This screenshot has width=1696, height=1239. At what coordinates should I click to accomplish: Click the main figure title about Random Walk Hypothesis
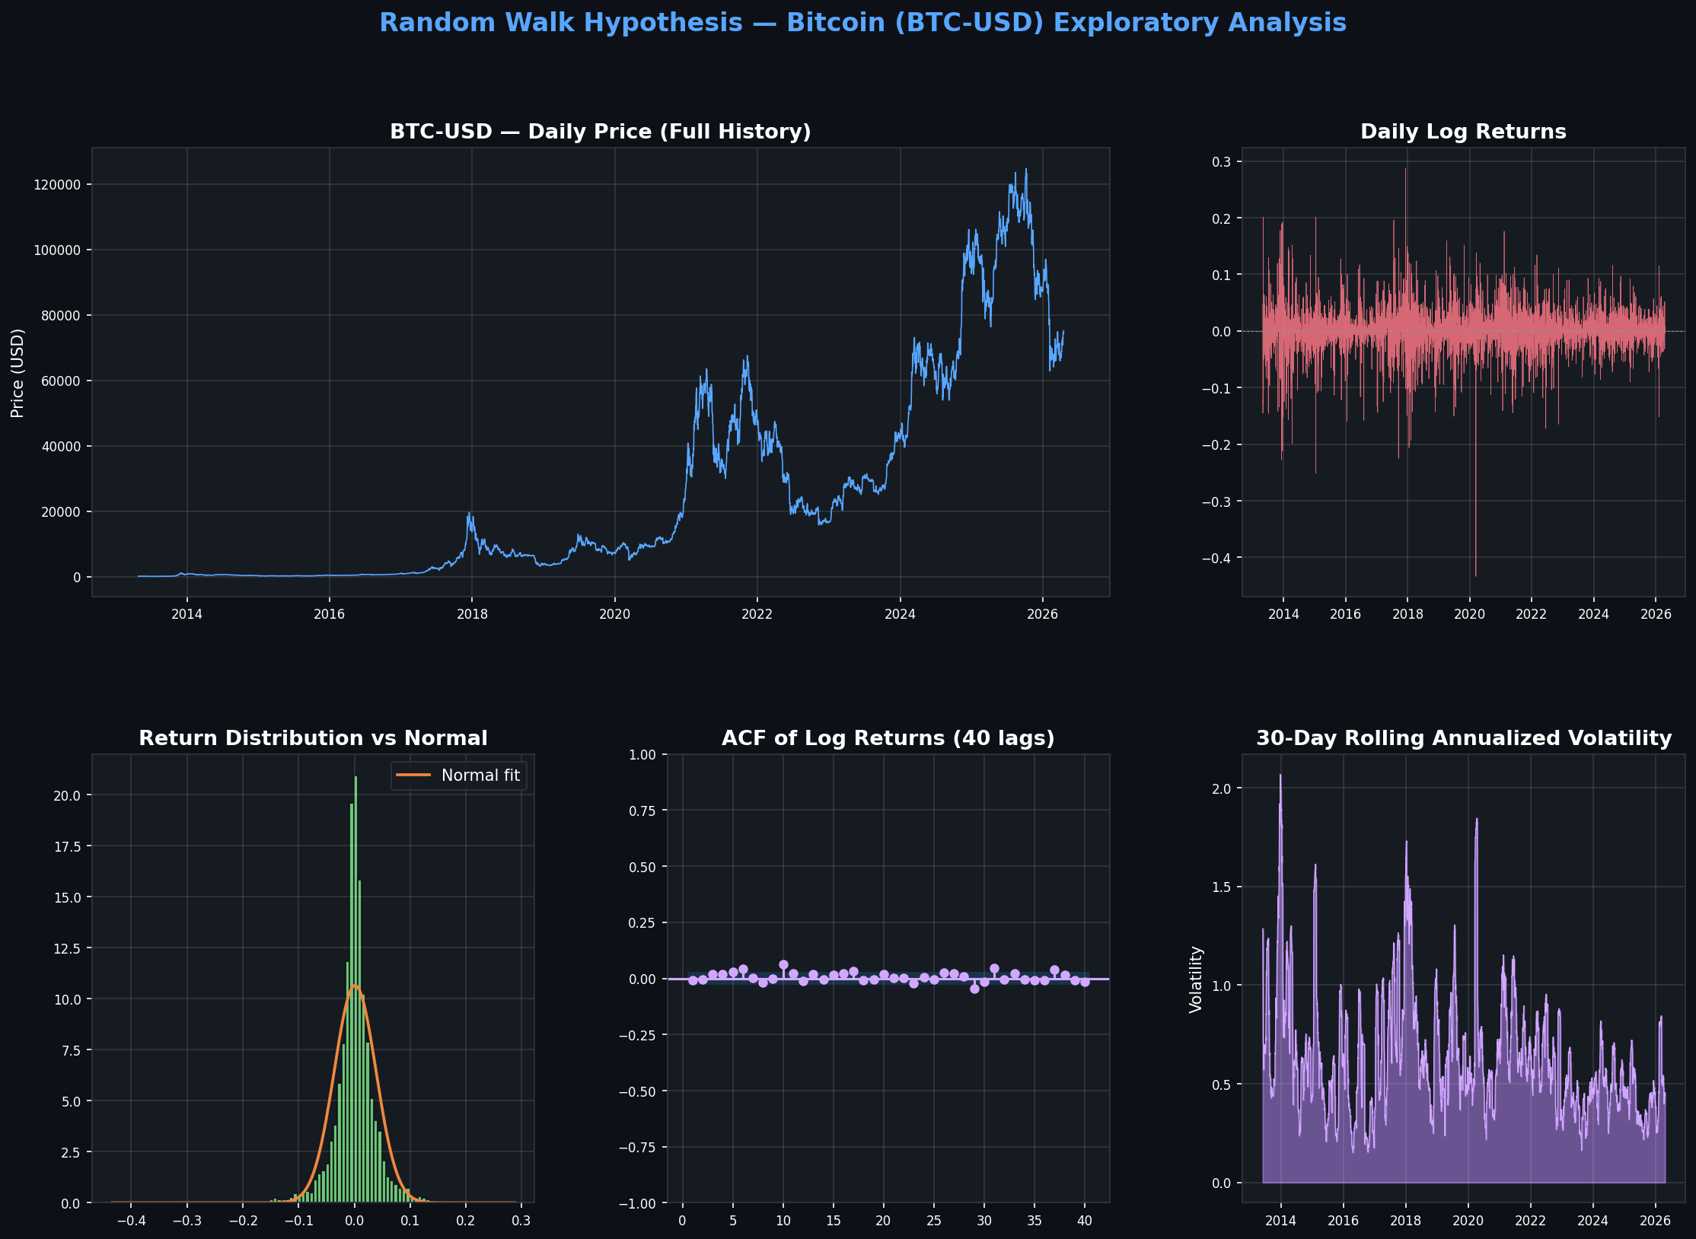point(862,23)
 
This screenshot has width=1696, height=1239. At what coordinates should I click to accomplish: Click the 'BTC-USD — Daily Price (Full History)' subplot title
point(600,132)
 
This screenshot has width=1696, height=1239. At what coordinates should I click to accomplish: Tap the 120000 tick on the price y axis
point(57,185)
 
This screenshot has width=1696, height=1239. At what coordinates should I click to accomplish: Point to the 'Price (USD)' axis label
point(18,373)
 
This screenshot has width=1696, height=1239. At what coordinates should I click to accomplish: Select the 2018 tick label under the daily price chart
point(472,614)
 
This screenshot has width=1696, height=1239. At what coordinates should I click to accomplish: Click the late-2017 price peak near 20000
point(469,514)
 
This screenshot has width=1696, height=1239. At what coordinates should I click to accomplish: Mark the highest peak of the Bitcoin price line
point(1025,170)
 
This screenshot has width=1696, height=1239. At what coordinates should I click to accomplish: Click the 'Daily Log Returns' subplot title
point(1462,132)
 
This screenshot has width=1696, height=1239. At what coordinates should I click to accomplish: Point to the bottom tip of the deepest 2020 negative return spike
point(1475,575)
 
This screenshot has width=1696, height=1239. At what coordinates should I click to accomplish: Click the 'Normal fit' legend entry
point(480,776)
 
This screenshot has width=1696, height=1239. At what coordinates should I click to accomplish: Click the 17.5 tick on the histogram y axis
point(67,846)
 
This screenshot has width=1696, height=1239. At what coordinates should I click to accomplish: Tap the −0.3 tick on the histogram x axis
point(186,1221)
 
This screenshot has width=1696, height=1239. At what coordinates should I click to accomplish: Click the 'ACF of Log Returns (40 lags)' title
point(888,738)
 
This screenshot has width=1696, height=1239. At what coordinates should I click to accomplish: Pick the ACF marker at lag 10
point(783,965)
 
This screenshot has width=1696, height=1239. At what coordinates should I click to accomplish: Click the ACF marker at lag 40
point(1085,983)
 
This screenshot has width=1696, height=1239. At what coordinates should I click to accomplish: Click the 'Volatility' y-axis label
point(1196,979)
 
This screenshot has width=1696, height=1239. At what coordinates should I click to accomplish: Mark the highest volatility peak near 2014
point(1280,776)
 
